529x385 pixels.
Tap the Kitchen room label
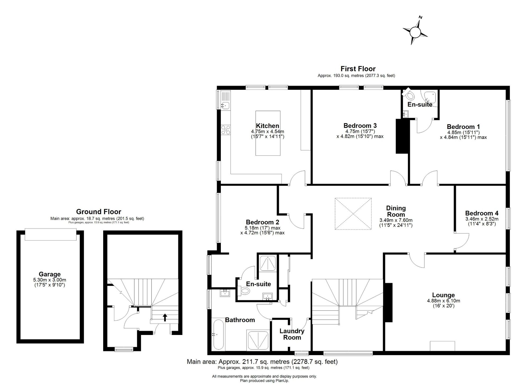click(267, 126)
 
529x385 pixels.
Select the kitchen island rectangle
click(268, 133)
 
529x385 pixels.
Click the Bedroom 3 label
click(360, 126)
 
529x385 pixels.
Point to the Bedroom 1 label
click(463, 127)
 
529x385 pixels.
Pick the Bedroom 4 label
click(482, 213)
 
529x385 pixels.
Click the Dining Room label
click(396, 211)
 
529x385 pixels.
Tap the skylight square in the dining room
click(353, 214)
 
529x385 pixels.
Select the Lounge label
click(444, 295)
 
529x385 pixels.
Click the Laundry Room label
click(292, 334)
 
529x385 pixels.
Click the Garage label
click(50, 274)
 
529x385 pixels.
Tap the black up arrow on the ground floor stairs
click(165, 317)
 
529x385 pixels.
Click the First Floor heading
click(358, 69)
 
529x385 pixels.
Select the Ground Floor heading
click(99, 212)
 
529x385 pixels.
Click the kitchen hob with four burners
click(226, 130)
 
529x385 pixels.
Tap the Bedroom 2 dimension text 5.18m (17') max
click(262, 228)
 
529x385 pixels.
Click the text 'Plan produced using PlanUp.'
click(264, 381)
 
